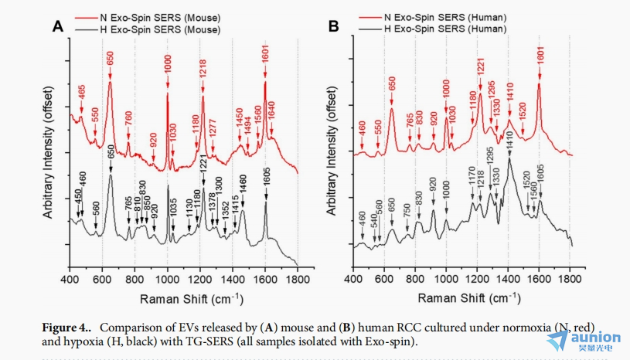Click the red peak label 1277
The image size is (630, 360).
coord(213,126)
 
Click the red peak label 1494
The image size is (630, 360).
coord(248,124)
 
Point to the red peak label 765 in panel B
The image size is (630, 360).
coord(410,125)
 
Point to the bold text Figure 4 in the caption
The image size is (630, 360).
coord(68,328)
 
